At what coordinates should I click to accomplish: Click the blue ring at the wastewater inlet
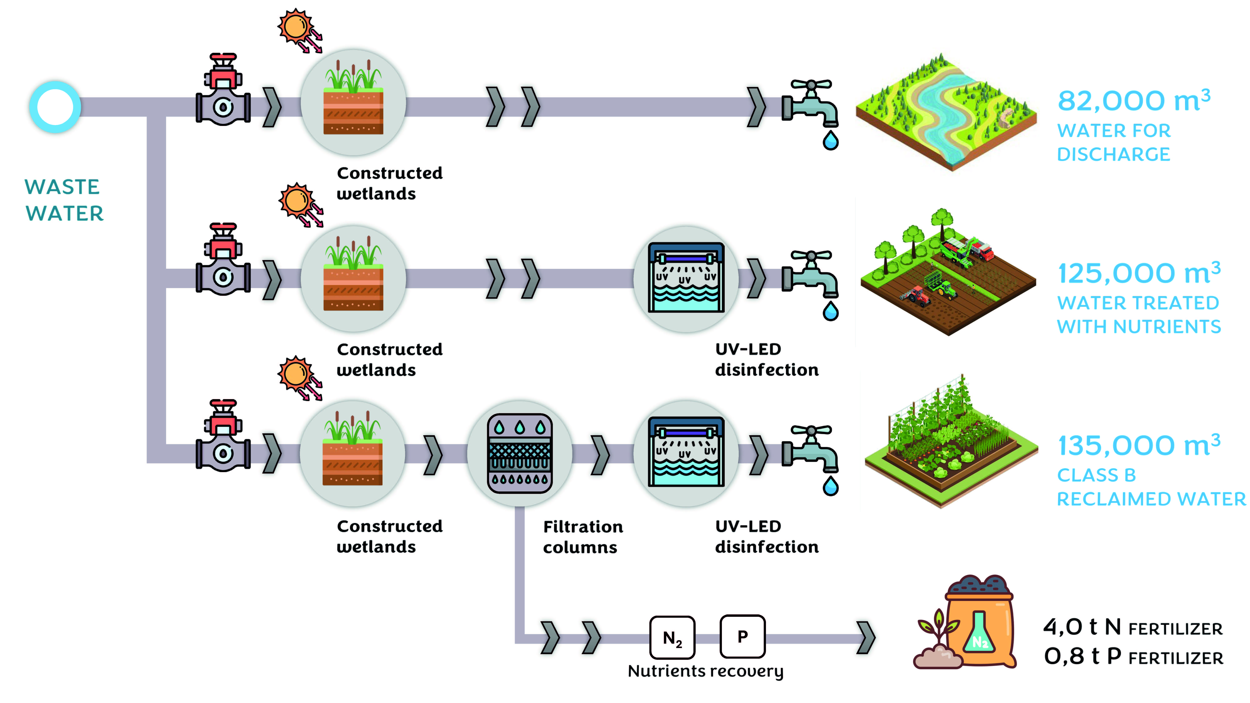coord(55,107)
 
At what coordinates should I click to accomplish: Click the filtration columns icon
coord(520,453)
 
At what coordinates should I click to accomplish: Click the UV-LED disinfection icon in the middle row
coord(686,277)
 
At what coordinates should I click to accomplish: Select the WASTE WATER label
coord(64,200)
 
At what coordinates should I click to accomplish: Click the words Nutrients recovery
coord(706,671)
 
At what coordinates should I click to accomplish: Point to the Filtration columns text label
coord(582,537)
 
